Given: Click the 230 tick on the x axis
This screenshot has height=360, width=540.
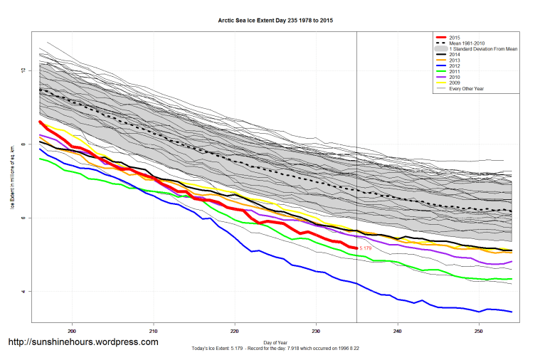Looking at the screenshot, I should point(316,331).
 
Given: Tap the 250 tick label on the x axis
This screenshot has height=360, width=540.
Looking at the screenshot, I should point(479,331).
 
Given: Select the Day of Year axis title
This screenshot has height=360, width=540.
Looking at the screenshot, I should point(275,342).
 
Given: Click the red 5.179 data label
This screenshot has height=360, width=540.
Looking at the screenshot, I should point(366,248).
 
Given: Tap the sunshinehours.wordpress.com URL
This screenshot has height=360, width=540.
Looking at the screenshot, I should point(83,342).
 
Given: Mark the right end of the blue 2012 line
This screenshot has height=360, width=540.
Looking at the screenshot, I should point(512,312).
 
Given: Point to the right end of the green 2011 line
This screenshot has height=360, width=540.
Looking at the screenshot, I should point(512,279).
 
